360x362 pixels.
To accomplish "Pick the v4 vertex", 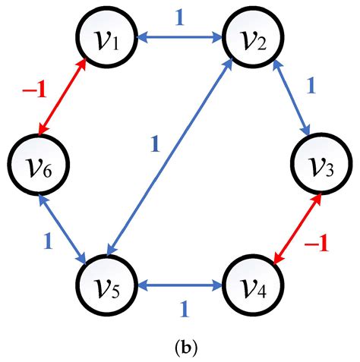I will point(251,287).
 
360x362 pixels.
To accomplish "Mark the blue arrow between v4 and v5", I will point(178,285).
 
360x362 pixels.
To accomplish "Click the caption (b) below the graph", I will point(179,348).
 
